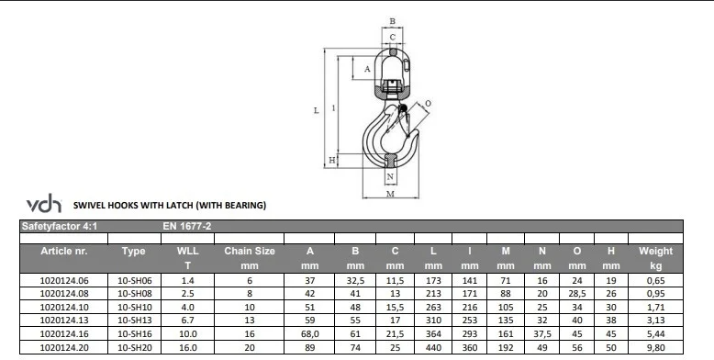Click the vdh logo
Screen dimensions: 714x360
tap(44, 203)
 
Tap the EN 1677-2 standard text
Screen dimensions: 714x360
tap(186, 226)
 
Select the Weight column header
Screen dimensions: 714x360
tap(655, 251)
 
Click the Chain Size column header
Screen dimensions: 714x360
tap(249, 251)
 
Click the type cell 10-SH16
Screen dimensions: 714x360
tap(134, 334)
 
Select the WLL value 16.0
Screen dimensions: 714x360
tap(187, 348)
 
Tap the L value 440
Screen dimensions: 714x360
tap(433, 348)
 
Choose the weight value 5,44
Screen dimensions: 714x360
tap(655, 334)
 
